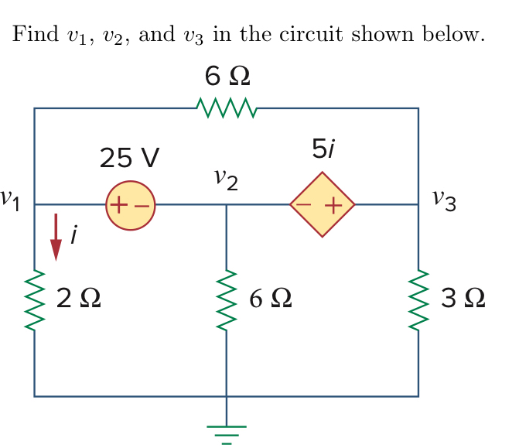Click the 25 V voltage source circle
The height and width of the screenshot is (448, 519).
point(131,206)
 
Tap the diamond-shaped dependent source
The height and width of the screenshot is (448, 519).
point(322,205)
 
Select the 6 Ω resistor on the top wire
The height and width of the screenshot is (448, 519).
point(225,108)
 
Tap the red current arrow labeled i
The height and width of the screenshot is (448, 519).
point(56,238)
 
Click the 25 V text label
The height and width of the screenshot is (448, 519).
point(129,158)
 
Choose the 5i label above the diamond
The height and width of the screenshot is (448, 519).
point(323,150)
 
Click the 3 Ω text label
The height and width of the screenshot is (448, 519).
point(463,298)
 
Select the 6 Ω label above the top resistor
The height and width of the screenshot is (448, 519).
point(227,77)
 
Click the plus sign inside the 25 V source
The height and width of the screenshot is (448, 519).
point(119,206)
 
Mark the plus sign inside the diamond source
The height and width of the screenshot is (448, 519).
point(333,206)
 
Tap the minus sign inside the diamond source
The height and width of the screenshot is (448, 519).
point(307,206)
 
